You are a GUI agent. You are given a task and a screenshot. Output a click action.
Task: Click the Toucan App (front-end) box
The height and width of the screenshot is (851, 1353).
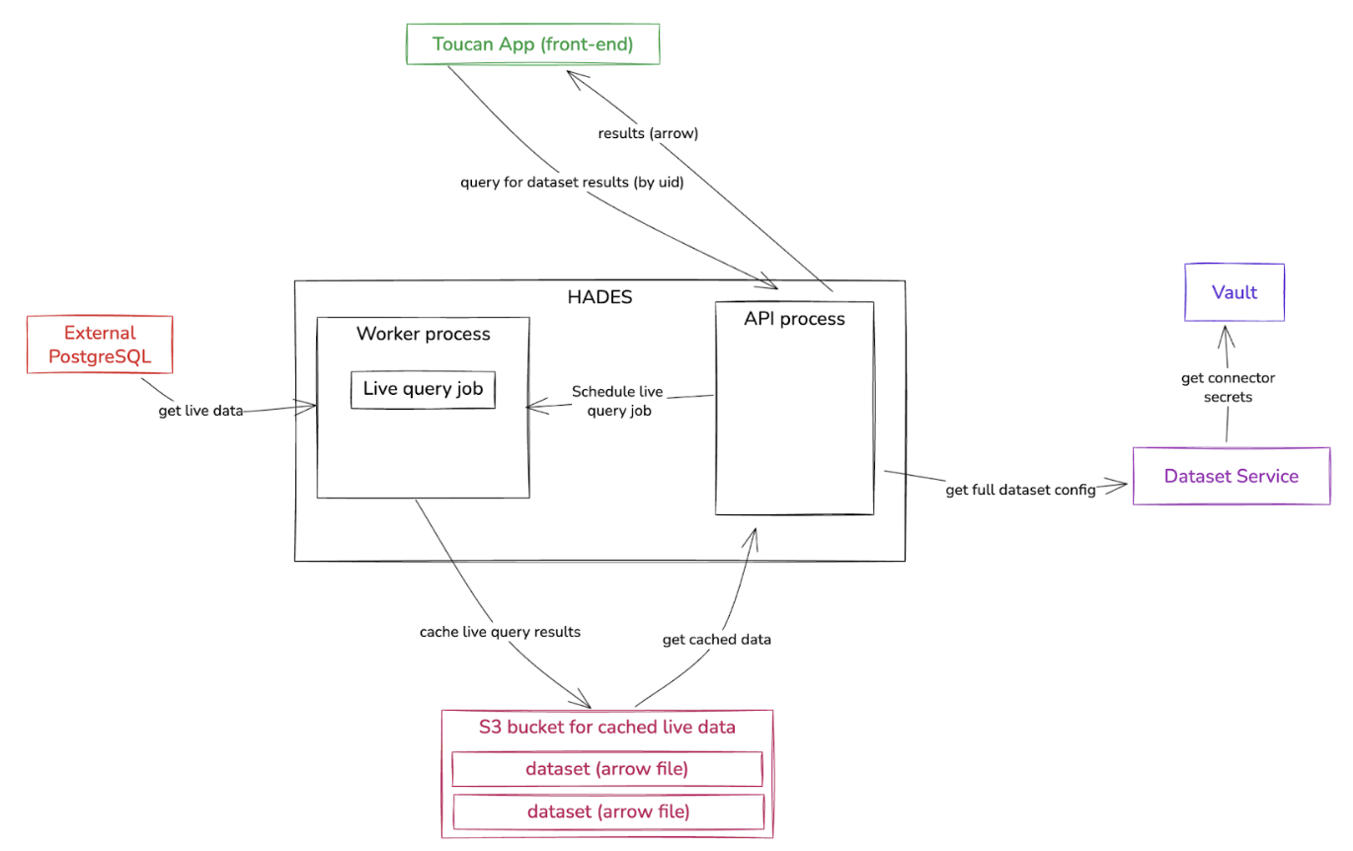(x=533, y=44)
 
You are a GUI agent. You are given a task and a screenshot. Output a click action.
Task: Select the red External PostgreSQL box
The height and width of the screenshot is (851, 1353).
(x=100, y=345)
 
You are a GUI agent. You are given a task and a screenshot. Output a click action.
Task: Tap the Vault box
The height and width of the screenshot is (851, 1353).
(x=1234, y=292)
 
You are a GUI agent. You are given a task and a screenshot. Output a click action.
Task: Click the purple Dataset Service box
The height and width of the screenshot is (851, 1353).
(x=1231, y=476)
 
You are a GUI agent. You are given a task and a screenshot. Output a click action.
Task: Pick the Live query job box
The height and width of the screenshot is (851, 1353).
(x=423, y=389)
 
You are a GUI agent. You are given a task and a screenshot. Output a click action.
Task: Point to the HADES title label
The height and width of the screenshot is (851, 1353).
(x=599, y=296)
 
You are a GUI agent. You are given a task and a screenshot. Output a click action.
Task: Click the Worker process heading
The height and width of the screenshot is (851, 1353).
(x=423, y=334)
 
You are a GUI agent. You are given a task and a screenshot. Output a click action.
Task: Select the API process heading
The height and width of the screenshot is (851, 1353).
(x=794, y=319)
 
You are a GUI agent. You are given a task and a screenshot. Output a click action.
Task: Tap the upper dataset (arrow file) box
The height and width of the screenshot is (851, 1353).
(x=606, y=769)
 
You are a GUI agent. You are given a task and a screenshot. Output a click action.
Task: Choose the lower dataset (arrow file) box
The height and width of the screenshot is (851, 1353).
(x=606, y=812)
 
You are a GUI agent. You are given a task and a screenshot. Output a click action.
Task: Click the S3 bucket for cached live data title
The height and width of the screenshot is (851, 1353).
(x=606, y=729)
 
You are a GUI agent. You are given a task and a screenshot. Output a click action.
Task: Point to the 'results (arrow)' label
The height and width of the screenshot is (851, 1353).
(x=648, y=133)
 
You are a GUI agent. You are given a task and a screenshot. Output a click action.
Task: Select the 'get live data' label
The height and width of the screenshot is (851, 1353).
(x=200, y=411)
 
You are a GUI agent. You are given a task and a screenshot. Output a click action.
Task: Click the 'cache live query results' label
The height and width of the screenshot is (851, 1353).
(x=500, y=632)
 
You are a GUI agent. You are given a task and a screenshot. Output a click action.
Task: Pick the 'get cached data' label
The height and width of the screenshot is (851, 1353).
(x=716, y=640)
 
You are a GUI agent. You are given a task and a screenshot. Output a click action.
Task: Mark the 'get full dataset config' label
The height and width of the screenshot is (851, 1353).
(x=1020, y=491)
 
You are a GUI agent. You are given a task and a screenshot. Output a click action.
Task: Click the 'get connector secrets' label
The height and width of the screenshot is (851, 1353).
(x=1228, y=387)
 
